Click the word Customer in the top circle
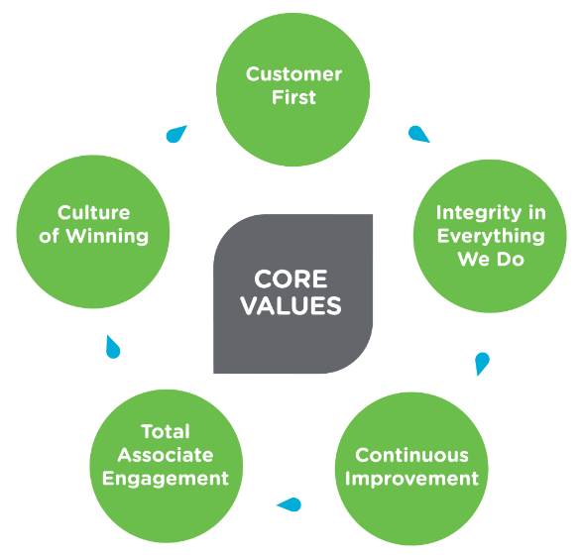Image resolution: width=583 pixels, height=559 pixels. [x=293, y=74]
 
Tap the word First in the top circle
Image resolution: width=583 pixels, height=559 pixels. [x=293, y=97]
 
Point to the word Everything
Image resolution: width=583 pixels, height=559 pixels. [x=491, y=237]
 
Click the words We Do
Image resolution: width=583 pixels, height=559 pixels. [x=491, y=259]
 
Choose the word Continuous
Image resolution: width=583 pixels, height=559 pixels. [x=411, y=455]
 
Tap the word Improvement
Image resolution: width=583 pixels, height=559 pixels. [x=411, y=479]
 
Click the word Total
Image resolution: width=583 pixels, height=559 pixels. [x=166, y=432]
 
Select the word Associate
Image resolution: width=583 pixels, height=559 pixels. [x=166, y=455]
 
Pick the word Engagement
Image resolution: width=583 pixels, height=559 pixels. [x=166, y=479]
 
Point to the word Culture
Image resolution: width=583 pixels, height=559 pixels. [x=93, y=213]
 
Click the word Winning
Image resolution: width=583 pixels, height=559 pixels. [x=107, y=237]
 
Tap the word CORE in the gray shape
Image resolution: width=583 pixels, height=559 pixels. [x=291, y=279]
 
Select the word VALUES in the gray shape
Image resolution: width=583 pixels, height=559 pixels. [x=291, y=306]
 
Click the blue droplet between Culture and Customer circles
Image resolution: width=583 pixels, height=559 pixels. [x=175, y=135]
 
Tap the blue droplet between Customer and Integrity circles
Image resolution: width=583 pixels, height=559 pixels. [x=418, y=134]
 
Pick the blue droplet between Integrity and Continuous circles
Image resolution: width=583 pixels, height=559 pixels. [x=482, y=363]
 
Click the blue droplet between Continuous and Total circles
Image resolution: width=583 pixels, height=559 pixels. [x=291, y=504]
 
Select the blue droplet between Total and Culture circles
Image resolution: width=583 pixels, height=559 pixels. [x=112, y=348]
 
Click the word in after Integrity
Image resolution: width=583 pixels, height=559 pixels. [x=537, y=213]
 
